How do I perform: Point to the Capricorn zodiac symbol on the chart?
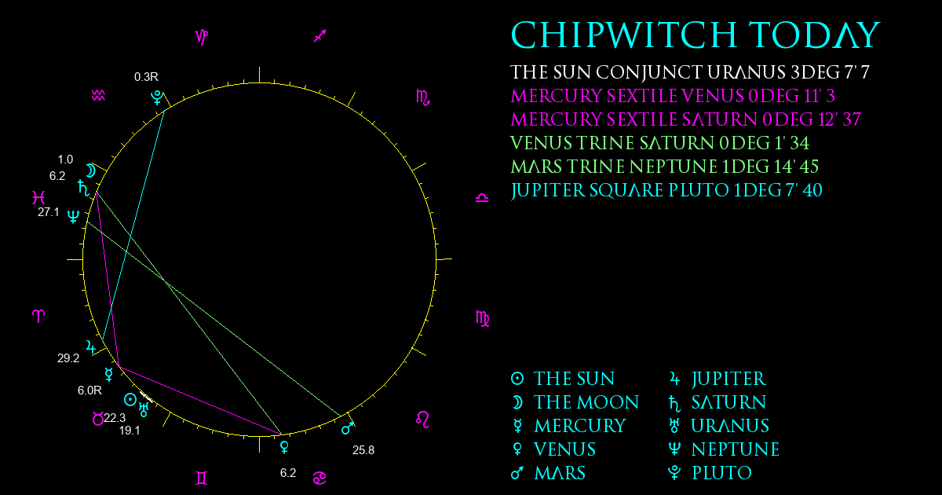pos(202,37)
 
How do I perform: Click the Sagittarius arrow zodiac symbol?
pos(320,36)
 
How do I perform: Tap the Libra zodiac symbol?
pos(482,198)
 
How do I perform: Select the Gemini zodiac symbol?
pos(202,478)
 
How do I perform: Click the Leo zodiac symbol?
pos(423,420)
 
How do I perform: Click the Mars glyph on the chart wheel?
pos(347,428)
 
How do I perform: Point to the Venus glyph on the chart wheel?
pos(285,447)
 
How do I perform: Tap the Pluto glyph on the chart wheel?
pos(157,97)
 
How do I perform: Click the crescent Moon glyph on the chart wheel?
pos(91,171)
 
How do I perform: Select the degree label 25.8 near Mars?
pos(363,450)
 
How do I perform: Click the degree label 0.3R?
pos(146,77)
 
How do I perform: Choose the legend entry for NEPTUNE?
pos(724,449)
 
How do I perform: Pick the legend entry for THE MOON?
pos(575,402)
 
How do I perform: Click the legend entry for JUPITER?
pos(717,379)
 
